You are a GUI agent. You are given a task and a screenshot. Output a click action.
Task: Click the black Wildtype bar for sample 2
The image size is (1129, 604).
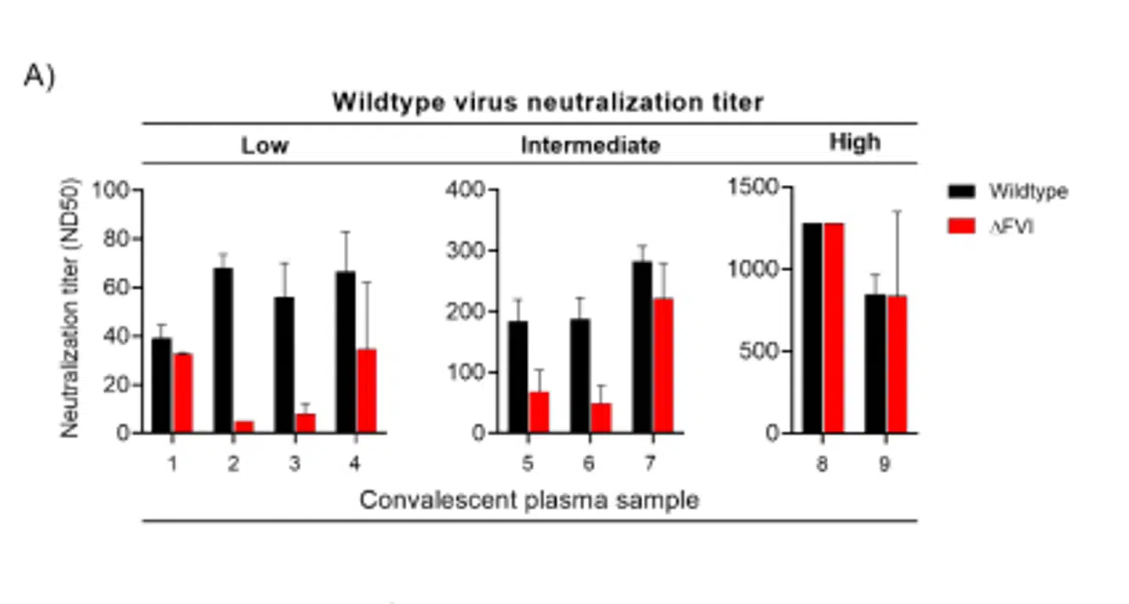pos(223,350)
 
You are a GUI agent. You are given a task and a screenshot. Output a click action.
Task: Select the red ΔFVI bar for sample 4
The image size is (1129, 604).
pos(366,391)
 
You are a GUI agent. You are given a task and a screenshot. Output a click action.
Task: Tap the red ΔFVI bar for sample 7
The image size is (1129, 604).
pos(663,365)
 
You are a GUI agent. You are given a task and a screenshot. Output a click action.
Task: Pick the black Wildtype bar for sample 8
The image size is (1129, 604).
pos(812,328)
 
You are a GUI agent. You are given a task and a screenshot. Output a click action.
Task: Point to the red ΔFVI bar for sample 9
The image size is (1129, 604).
pos(897,364)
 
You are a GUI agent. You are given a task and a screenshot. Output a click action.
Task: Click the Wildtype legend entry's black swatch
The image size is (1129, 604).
pos(961,192)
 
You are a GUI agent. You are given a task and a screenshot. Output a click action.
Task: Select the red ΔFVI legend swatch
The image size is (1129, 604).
pos(961,228)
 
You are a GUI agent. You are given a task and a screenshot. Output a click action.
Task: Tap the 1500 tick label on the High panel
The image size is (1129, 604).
pos(753,187)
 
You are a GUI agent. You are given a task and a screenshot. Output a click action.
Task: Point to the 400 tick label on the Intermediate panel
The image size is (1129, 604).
pos(467,190)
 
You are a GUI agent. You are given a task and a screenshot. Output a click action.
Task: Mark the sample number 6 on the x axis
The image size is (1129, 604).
pos(589,464)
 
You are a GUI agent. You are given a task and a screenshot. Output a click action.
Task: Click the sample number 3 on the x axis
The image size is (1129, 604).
pos(294,464)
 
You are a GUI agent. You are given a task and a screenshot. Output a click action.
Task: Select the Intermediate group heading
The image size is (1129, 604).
pos(590,146)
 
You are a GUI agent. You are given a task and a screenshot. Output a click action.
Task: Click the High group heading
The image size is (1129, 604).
pos(855,143)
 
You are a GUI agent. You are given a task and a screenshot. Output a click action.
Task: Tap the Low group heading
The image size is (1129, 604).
pos(264,146)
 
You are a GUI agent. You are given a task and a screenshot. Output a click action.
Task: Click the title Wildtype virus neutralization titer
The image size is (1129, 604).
pos(547,103)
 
